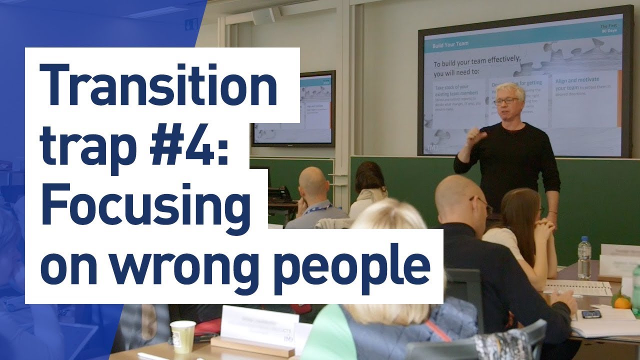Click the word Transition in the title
tap(159, 85)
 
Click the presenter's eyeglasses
tap(506, 101)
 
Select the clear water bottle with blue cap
tap(584, 258)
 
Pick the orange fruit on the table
tap(622, 302)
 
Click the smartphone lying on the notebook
tap(591, 314)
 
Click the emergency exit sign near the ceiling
tap(191, 24)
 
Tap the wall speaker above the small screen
tap(263, 16)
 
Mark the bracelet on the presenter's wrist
tap(552, 212)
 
